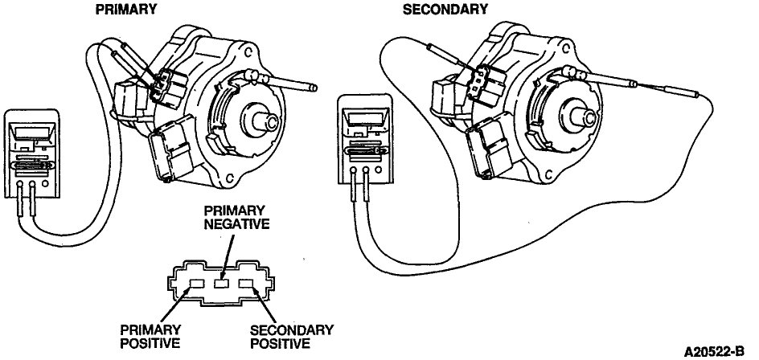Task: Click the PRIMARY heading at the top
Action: point(126,10)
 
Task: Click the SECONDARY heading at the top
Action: point(445,10)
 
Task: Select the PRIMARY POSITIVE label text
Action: point(150,337)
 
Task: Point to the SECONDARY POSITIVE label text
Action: point(280,337)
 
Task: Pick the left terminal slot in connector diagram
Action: point(196,282)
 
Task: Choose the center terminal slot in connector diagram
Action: point(223,283)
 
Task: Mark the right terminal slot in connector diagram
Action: point(248,282)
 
